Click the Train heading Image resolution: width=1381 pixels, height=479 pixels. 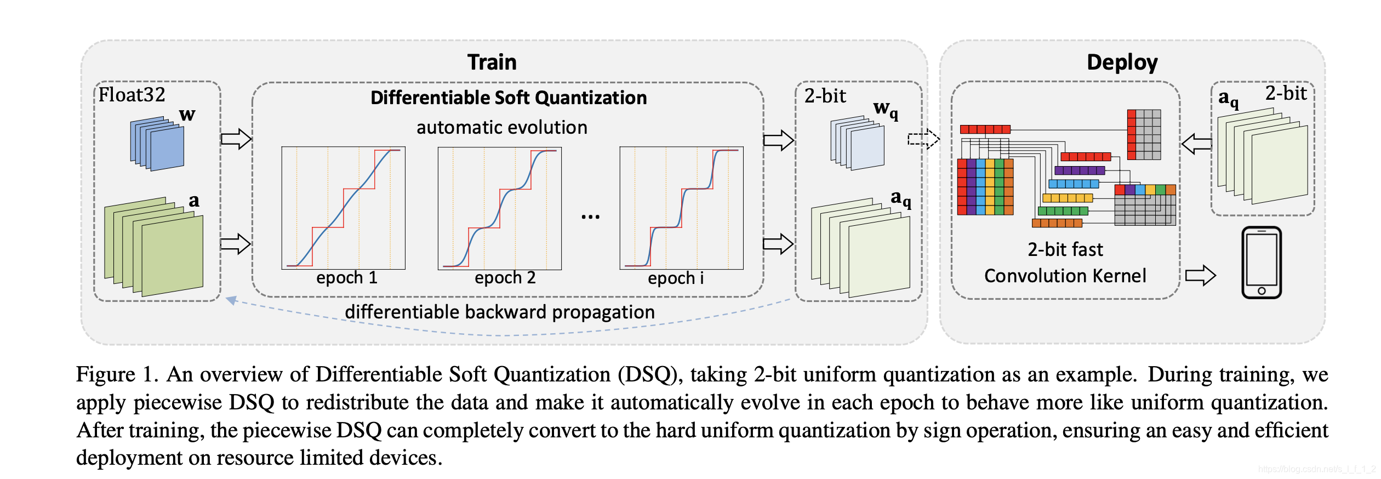click(492, 62)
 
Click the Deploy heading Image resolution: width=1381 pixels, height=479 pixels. click(1122, 62)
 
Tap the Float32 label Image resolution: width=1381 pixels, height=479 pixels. click(132, 95)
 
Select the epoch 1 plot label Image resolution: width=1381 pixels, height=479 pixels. click(346, 278)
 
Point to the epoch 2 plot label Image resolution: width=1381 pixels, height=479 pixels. click(505, 278)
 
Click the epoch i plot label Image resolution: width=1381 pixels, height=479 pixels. click(675, 278)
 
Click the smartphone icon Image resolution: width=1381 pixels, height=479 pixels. click(1261, 263)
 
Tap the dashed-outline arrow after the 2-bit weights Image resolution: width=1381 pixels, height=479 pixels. click(923, 139)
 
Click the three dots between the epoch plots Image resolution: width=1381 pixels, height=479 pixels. click(590, 216)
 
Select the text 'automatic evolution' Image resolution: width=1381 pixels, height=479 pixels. click(501, 128)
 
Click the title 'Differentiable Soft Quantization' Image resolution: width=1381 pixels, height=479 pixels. click(509, 98)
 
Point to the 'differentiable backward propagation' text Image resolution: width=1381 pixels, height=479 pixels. click(499, 312)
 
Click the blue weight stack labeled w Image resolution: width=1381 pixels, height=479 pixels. click(157, 144)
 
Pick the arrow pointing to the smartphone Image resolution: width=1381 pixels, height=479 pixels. click(1200, 275)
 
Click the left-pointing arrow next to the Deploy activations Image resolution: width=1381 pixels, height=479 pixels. click(1196, 145)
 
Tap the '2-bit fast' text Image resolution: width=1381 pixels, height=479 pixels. click(1065, 250)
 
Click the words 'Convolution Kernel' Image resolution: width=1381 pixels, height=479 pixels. click(1065, 276)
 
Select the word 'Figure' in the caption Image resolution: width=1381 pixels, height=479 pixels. click(105, 374)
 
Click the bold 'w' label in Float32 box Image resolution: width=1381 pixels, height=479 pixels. click(187, 115)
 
